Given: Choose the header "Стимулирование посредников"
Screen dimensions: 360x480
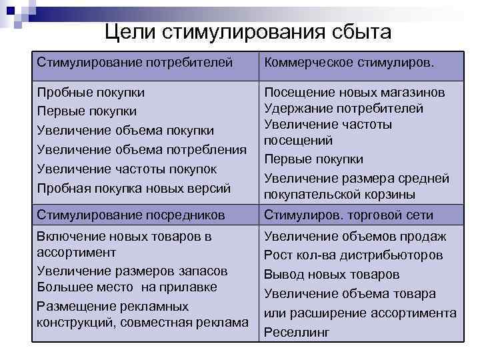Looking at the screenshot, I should tap(131, 215).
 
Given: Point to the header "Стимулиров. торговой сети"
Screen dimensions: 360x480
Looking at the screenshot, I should tap(349, 215).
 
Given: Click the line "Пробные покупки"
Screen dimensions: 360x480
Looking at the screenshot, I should tap(91, 92).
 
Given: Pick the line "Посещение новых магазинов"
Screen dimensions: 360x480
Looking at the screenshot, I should tap(355, 92).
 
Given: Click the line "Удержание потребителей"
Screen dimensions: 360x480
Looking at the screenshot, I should tap(344, 108).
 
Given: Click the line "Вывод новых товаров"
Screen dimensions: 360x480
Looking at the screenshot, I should tap(332, 274).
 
